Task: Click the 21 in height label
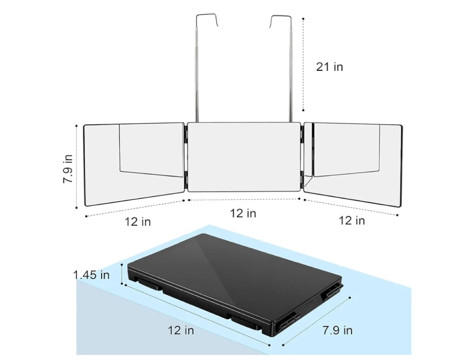[329, 67]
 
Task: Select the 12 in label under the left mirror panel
[138, 222]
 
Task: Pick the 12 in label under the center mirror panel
[243, 213]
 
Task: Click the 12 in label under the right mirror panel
[352, 220]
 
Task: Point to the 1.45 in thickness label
[92, 275]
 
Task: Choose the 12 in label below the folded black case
[181, 330]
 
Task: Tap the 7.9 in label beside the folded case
[337, 330]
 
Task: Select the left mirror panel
[134, 165]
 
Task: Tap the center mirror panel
[244, 157]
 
